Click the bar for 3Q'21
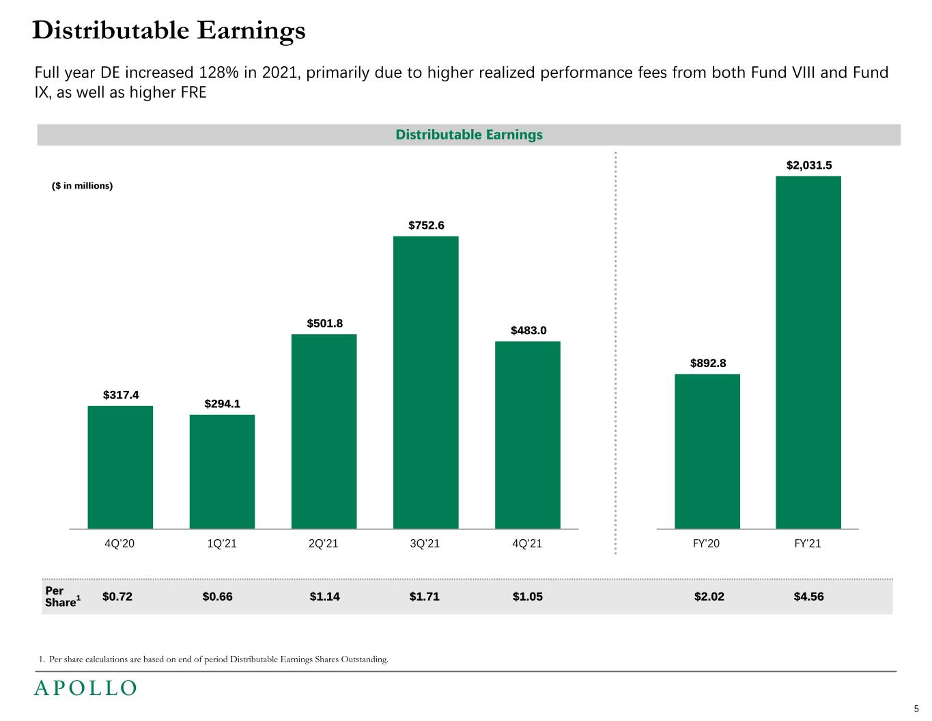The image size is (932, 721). (x=425, y=382)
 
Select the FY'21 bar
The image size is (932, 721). (x=808, y=352)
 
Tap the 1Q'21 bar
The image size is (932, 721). (x=222, y=472)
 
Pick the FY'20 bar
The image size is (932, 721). (x=707, y=451)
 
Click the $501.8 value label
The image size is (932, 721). (x=324, y=323)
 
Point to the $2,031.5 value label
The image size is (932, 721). (x=809, y=165)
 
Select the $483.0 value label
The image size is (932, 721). (x=528, y=331)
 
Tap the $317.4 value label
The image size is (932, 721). (x=121, y=395)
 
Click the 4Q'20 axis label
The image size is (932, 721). (x=119, y=544)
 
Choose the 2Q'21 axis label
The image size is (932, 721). (x=324, y=544)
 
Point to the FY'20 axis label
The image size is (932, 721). (x=706, y=544)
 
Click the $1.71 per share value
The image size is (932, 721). (x=424, y=597)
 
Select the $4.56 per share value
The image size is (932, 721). (x=808, y=597)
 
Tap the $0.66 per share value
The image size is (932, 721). (x=217, y=597)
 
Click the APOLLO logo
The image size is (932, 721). (x=85, y=688)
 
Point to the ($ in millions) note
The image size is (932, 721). (x=83, y=186)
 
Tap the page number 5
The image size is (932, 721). (x=916, y=709)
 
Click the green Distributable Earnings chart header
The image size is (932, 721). (x=469, y=135)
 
